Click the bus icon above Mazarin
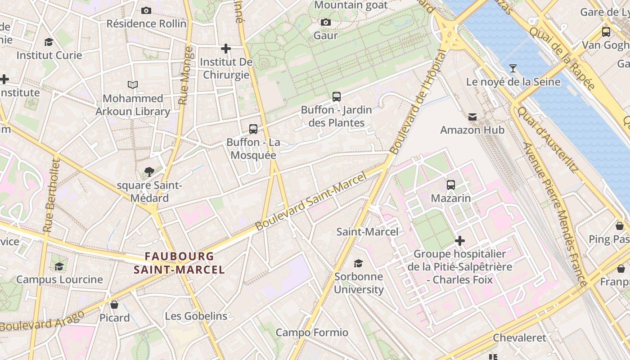point(450,184)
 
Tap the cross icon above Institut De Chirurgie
point(226,48)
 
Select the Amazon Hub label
point(472,130)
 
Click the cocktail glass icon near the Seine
point(513,68)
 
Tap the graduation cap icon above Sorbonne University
point(358,263)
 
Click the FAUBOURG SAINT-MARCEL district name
point(179,263)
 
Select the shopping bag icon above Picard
point(114,305)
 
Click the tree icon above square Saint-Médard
point(149,171)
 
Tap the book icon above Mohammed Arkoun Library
point(133,85)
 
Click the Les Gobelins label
point(196,316)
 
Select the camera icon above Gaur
point(326,22)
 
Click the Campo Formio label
point(312,333)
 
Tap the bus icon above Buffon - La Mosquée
point(253,129)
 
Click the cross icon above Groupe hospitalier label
point(459,241)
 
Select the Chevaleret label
point(519,337)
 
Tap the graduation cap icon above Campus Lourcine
point(59,266)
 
